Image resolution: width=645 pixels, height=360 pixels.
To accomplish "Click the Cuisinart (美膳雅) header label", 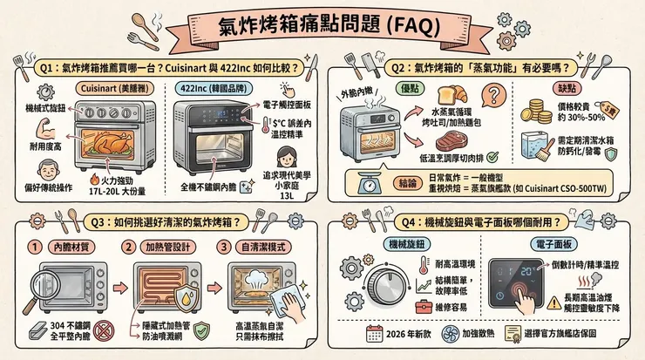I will tap(101, 88).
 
